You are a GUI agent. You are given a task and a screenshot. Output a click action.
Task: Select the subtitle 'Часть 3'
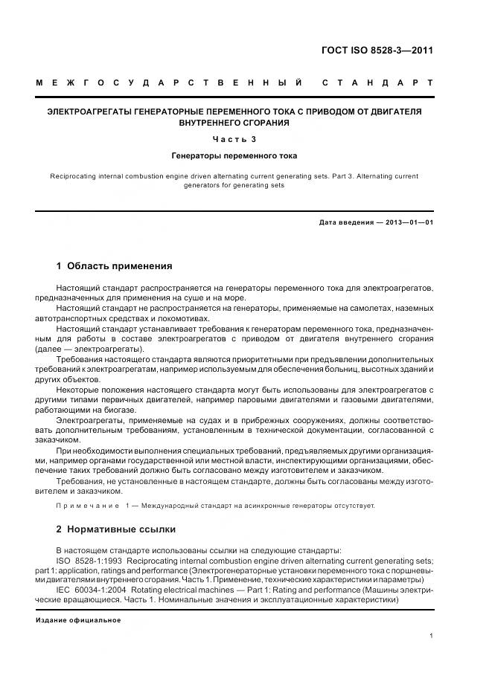point(234,139)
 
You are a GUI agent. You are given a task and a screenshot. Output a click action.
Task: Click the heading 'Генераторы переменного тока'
point(234,156)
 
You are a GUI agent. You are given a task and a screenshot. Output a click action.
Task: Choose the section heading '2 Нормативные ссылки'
point(116,529)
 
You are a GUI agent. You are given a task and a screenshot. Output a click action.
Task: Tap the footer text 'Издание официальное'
point(78,620)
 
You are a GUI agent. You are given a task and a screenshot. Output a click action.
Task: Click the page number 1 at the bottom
point(432,635)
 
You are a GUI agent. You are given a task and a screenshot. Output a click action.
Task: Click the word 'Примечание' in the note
point(87,506)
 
